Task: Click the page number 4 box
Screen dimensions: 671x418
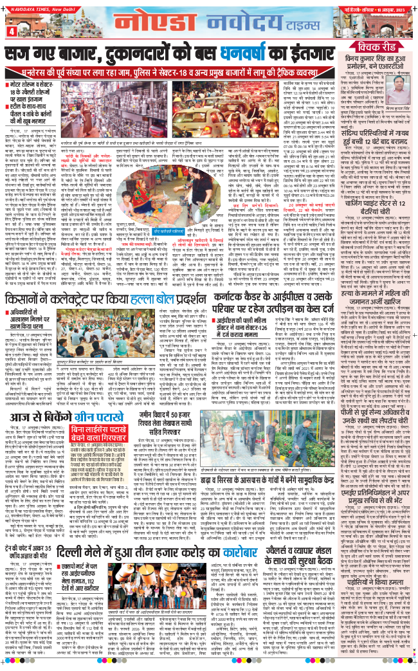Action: pyautogui.click(x=11, y=30)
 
